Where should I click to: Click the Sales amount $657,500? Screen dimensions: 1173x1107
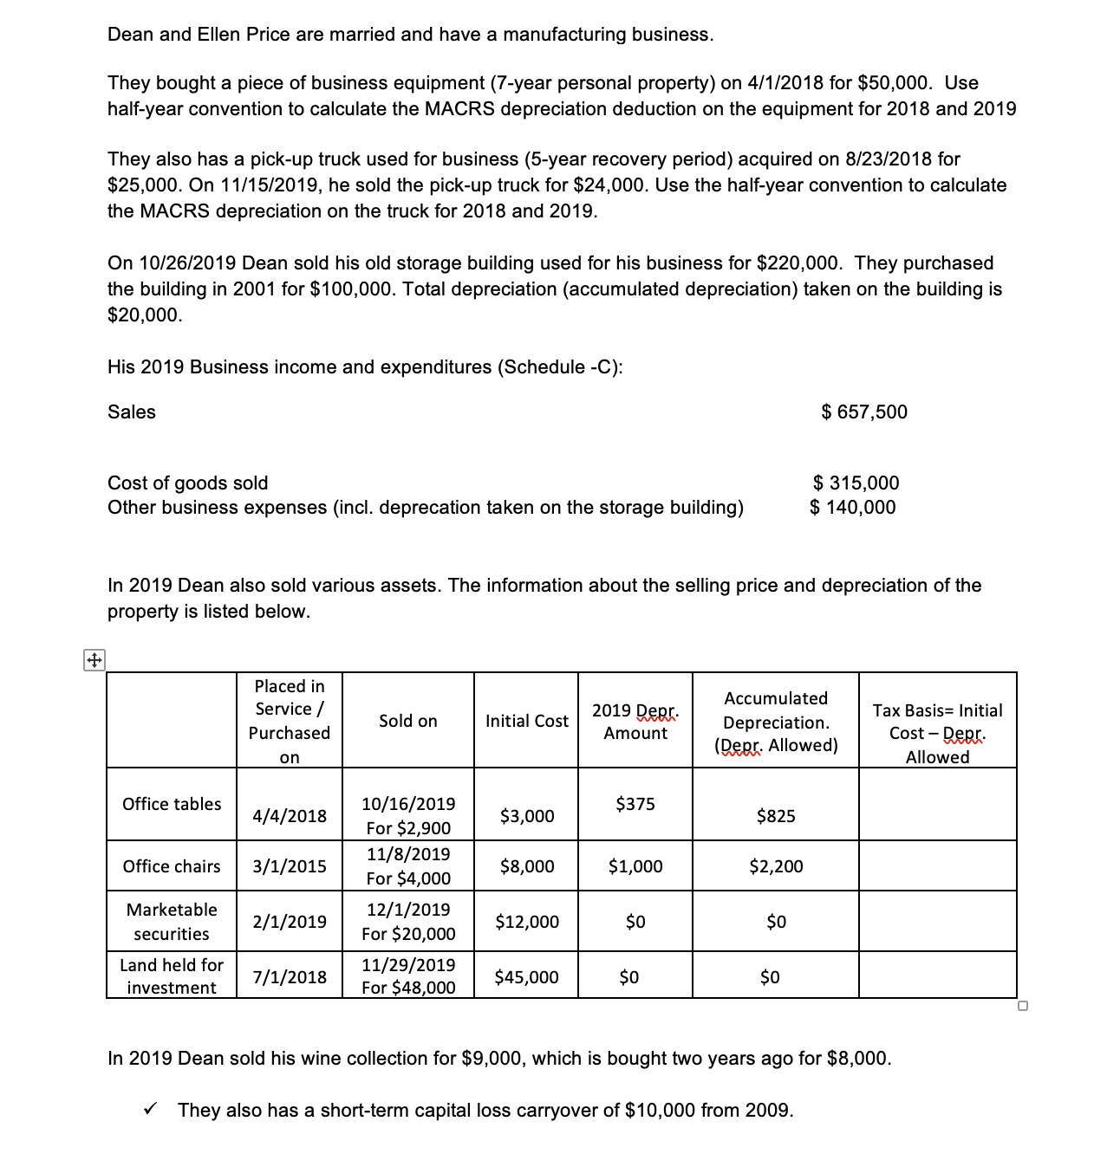pyautogui.click(x=864, y=412)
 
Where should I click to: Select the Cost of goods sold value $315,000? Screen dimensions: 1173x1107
pyautogui.click(x=856, y=483)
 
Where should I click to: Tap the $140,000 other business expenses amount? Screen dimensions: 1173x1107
pyautogui.click(x=853, y=508)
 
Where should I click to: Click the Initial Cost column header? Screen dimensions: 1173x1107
pyautogui.click(x=526, y=721)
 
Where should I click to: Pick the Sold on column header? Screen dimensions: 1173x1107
pyautogui.click(x=407, y=721)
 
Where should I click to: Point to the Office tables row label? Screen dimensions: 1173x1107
pyautogui.click(x=172, y=804)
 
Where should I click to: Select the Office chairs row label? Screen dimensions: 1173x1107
pyautogui.click(x=172, y=866)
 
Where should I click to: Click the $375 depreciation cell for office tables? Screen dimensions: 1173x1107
pyautogui.click(x=635, y=804)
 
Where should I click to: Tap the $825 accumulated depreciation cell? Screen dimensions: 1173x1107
pyautogui.click(x=775, y=816)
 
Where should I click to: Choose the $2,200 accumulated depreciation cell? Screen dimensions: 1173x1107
pyautogui.click(x=775, y=866)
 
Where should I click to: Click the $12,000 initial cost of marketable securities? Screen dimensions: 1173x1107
pyautogui.click(x=526, y=922)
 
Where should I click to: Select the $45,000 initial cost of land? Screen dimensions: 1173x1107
pyautogui.click(x=526, y=977)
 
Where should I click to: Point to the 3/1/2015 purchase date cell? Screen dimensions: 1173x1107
pyautogui.click(x=289, y=866)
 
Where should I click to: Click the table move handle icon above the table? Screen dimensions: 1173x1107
pyautogui.click(x=94, y=661)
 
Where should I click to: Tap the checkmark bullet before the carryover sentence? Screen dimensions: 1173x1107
pyautogui.click(x=150, y=1109)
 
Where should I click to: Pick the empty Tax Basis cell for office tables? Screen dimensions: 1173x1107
pyautogui.click(x=937, y=804)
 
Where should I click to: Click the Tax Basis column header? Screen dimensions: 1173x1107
pyautogui.click(x=937, y=733)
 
